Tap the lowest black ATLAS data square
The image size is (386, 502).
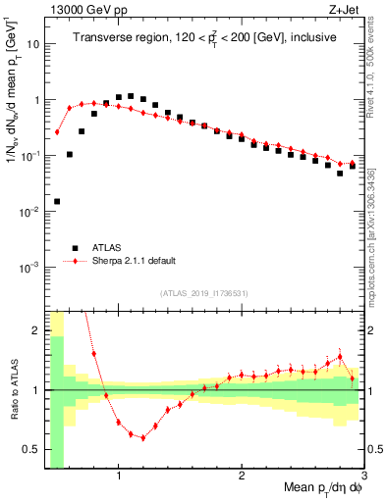point(57,201)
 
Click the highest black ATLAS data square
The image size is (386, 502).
point(131,96)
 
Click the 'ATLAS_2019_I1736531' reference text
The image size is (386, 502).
point(204,293)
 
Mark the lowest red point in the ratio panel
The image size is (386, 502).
point(142,437)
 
